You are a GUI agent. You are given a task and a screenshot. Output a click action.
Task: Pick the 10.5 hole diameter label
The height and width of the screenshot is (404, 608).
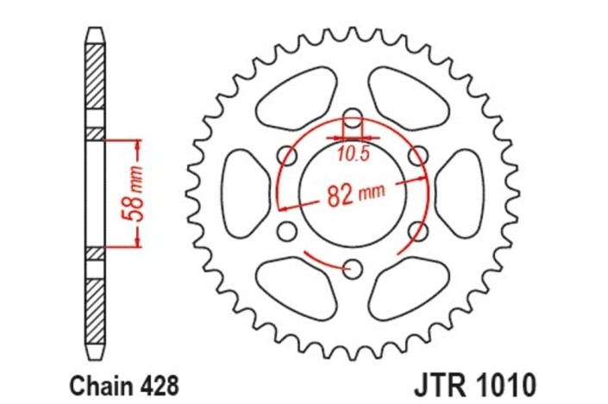coord(352,155)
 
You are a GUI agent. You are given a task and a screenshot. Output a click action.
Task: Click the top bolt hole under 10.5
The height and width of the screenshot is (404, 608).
coord(352,120)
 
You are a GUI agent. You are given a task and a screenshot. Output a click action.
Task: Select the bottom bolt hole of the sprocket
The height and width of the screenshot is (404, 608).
coord(351,269)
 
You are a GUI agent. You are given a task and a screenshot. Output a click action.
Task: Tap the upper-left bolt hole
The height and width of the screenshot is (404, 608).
coord(287,156)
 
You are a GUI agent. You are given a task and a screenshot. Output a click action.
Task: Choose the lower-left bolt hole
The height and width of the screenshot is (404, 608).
coord(287,232)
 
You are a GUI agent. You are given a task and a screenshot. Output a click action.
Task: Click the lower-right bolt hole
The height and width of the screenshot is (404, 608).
coord(417,231)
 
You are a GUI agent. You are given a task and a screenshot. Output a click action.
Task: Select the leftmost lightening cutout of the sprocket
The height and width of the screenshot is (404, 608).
coord(243,193)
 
